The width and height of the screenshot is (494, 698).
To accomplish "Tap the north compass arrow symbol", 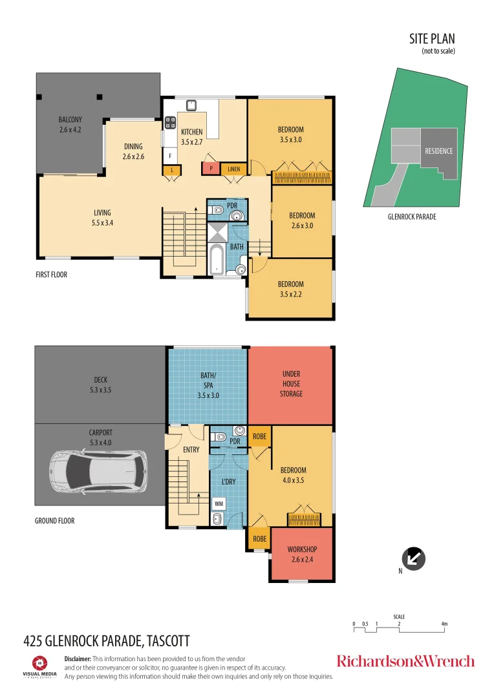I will pyautogui.click(x=413, y=557).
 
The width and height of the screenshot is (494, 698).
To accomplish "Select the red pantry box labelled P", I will pyautogui.click(x=211, y=169).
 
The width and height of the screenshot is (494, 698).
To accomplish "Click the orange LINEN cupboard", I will pyautogui.click(x=233, y=169).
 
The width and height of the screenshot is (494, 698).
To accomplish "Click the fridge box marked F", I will pyautogui.click(x=170, y=156).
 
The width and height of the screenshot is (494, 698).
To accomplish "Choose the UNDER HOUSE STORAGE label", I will pyautogui.click(x=291, y=383).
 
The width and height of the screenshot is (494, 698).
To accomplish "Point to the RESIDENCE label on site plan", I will pyautogui.click(x=438, y=151).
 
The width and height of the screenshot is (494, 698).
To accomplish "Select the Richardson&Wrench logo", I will pyautogui.click(x=405, y=661).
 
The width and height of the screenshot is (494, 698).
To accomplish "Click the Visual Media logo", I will pyautogui.click(x=40, y=666).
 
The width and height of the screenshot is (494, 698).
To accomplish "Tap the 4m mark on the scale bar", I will pyautogui.click(x=444, y=624).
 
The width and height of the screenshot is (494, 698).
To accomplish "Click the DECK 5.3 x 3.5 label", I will pyautogui.click(x=100, y=385).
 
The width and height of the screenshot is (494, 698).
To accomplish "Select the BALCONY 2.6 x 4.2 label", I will pyautogui.click(x=70, y=124).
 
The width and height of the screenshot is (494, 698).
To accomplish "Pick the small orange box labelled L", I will pyautogui.click(x=172, y=170).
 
